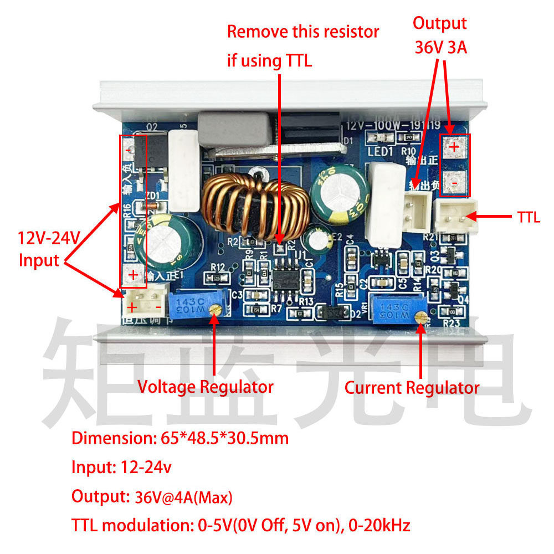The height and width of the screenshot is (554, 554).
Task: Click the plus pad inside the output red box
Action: (x=454, y=147)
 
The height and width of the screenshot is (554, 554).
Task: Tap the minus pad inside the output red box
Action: (x=454, y=181)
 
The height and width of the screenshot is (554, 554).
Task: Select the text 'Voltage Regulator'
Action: (x=205, y=387)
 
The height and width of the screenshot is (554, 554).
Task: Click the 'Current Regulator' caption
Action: (x=412, y=388)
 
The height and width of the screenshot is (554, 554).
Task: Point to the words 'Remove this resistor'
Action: (x=303, y=32)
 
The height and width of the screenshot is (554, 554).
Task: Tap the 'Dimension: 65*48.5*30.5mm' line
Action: (x=180, y=438)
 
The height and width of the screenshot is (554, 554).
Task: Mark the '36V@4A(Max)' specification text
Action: (x=183, y=497)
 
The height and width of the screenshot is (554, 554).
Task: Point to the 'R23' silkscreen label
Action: (x=452, y=324)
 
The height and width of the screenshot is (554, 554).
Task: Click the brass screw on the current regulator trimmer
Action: (x=422, y=317)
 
